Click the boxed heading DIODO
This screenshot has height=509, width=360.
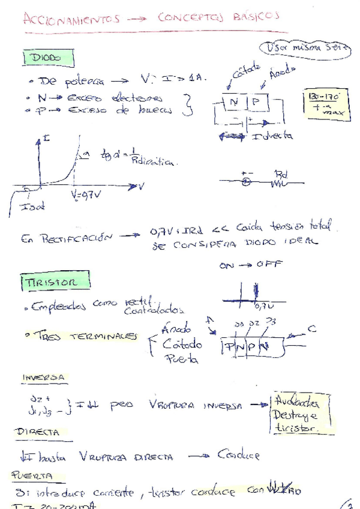tap(47, 58)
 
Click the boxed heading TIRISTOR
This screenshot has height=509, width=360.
tap(55, 281)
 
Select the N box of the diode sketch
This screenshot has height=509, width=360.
tap(234, 103)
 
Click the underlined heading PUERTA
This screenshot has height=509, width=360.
tap(35, 475)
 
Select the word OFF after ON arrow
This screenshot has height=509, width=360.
tap(271, 265)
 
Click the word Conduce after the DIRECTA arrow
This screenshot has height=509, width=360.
tap(238, 455)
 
